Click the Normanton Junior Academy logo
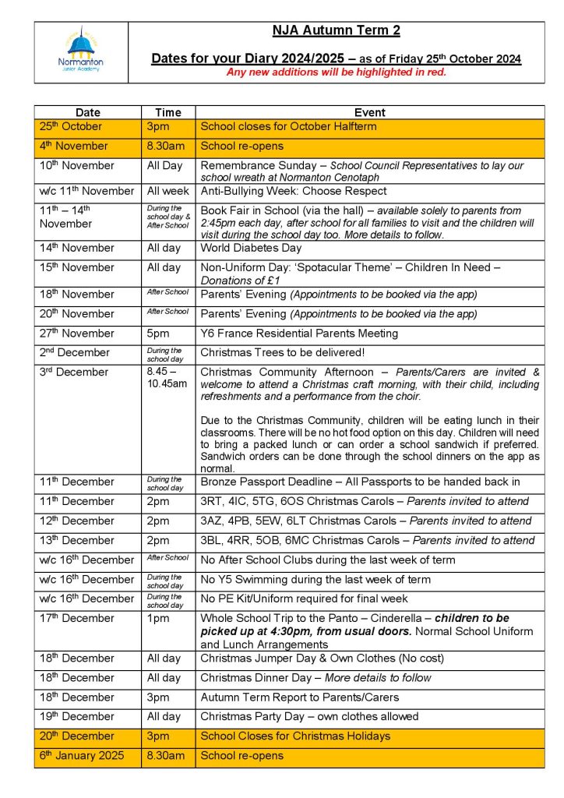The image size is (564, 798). [x=80, y=52]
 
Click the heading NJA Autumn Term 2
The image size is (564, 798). [x=336, y=31]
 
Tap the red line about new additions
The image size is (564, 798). [x=336, y=72]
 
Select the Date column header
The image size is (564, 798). [x=88, y=112]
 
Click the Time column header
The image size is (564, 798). [x=167, y=112]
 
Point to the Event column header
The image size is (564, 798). [x=369, y=112]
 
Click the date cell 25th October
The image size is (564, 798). [x=71, y=126]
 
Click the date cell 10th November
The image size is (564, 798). [x=76, y=165]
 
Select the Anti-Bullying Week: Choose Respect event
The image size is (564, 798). [x=294, y=191]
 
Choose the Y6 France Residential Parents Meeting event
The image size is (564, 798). [x=299, y=334]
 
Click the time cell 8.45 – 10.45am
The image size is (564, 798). [x=167, y=378]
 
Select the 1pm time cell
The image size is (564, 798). [x=156, y=618]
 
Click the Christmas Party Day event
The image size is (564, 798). [x=309, y=716]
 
